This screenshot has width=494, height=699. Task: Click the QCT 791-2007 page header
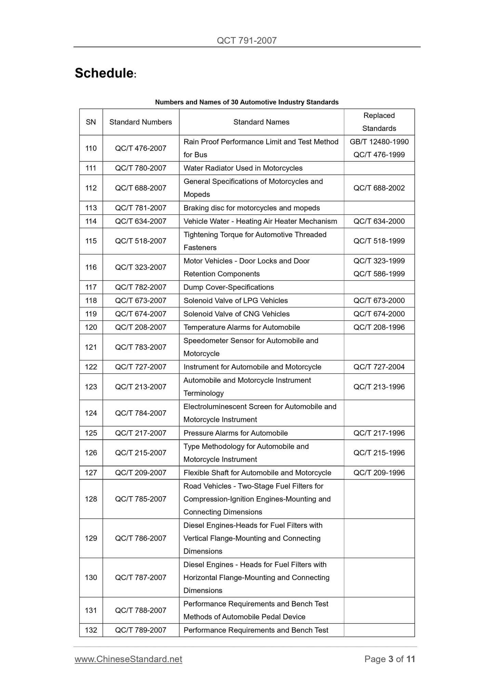pos(246,41)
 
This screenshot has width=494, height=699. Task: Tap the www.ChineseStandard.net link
pos(128,659)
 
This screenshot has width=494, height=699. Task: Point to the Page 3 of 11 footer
pos(389,659)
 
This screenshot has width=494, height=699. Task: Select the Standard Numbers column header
pos(141,122)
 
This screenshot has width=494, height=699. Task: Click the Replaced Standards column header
pos(379,122)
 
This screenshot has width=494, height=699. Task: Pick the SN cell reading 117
pos(91,287)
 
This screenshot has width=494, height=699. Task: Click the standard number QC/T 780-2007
pos(141,168)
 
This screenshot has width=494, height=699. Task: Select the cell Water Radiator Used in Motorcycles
pos(243,168)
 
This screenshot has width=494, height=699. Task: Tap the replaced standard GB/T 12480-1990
pos(379,142)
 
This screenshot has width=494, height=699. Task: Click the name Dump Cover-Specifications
pos(228,287)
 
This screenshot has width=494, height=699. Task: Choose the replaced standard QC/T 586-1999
pos(379,274)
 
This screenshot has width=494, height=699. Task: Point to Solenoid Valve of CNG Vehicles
pos(236,314)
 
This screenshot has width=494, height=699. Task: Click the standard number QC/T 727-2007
pos(141,367)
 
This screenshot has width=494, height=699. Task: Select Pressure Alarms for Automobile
pos(236,433)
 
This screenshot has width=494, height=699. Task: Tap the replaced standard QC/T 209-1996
pos(379,473)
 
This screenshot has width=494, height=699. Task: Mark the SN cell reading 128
pos(91,499)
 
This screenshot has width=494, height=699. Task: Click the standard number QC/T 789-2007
pos(141,630)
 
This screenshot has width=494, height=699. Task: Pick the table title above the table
pos(246,102)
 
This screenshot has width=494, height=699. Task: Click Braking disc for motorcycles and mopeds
pos(251,208)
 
